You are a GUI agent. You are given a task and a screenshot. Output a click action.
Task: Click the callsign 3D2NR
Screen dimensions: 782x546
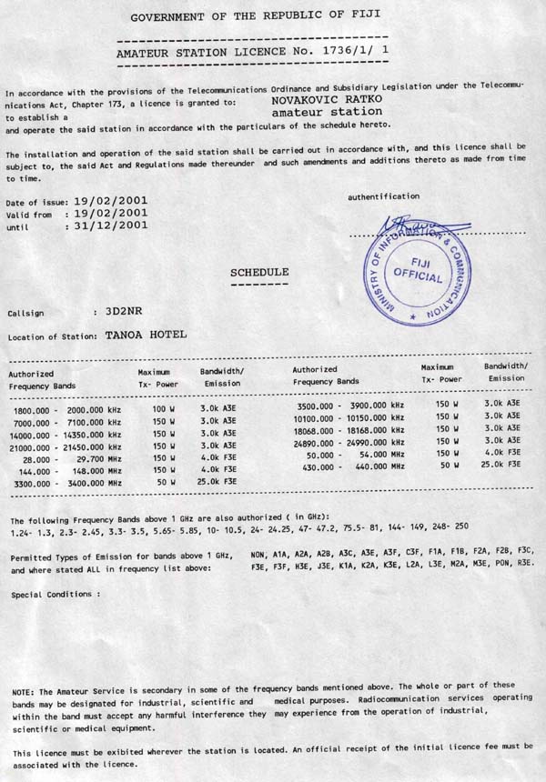(x=99, y=311)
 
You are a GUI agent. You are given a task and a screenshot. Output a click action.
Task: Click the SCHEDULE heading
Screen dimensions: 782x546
(x=259, y=272)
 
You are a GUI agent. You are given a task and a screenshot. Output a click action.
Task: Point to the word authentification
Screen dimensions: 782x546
(x=383, y=195)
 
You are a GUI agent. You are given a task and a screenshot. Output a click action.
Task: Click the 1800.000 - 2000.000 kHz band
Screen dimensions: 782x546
(x=67, y=411)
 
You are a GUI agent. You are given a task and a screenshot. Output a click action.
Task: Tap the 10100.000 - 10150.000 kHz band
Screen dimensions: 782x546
(x=349, y=417)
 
